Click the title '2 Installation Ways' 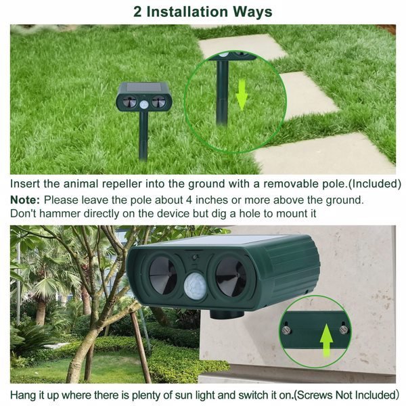pos(203,12)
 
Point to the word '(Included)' pos(368,183)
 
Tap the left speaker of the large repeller pos(162,273)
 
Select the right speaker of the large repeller pos(232,275)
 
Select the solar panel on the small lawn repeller pos(143,88)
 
